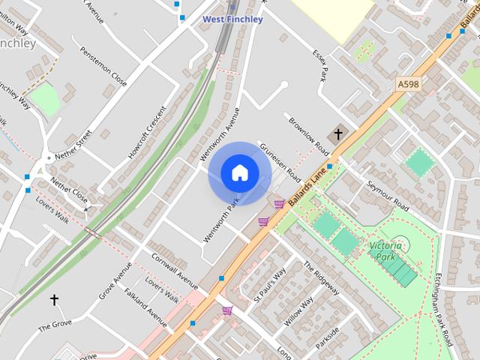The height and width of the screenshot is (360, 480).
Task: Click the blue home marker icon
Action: [239, 173]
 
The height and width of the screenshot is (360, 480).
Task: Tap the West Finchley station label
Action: [233, 19]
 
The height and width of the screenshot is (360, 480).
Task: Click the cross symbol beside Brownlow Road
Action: [337, 134]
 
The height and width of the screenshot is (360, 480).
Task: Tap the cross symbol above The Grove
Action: [54, 300]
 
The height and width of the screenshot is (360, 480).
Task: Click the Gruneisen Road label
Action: [278, 162]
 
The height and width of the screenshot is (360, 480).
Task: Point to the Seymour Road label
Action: [388, 195]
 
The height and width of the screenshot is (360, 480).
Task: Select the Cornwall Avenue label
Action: [174, 271]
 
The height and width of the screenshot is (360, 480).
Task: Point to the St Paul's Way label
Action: [270, 284]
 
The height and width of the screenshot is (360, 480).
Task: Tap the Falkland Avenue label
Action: [145, 307]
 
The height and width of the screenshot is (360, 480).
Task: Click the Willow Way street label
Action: [299, 311]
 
